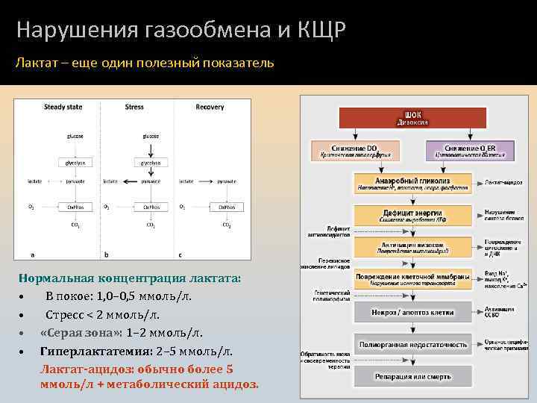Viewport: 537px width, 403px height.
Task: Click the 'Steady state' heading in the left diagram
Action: point(63,107)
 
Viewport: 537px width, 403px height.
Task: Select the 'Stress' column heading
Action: point(134,107)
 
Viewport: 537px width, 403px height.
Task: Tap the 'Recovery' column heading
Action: point(210,107)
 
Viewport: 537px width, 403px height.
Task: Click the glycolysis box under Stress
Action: point(150,162)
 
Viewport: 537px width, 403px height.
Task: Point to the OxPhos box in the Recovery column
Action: point(225,207)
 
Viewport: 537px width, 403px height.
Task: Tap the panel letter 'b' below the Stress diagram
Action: point(105,254)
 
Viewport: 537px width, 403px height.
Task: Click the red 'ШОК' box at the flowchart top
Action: point(412,117)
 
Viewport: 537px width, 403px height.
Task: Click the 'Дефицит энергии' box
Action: point(412,215)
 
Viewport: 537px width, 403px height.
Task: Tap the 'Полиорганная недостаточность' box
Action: point(412,344)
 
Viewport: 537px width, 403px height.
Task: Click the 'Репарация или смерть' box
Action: point(412,375)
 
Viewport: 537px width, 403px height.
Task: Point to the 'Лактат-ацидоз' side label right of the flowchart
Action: point(504,181)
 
